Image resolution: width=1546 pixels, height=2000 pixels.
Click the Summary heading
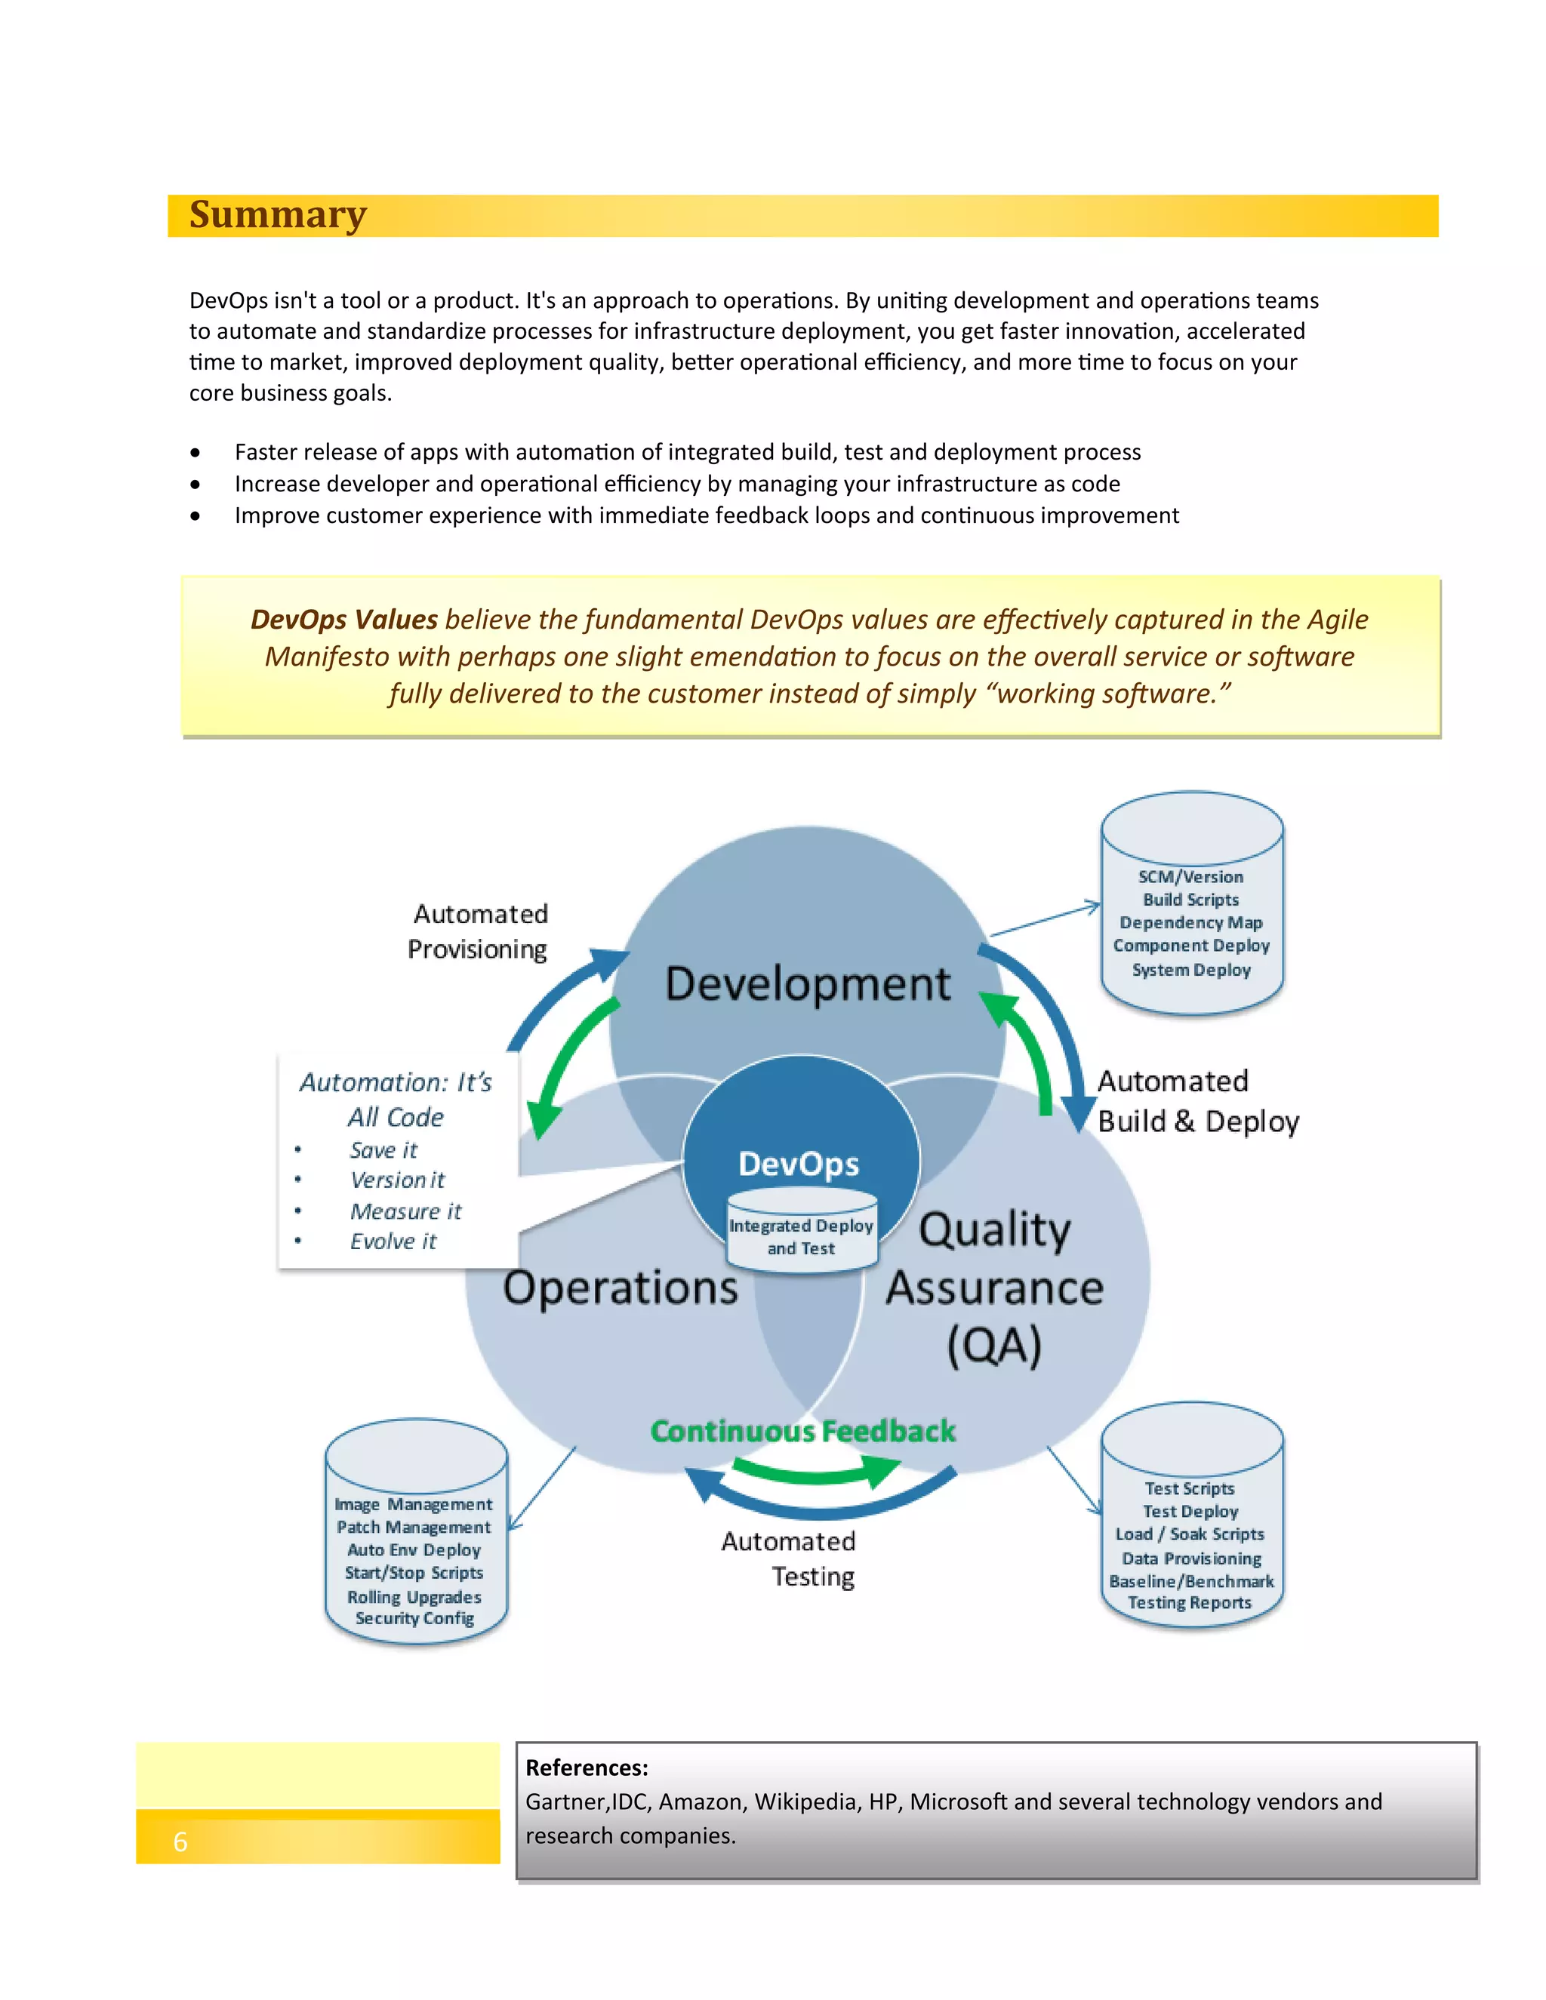[278, 215]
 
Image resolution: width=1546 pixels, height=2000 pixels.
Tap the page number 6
[180, 1842]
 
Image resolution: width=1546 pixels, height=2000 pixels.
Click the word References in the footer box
[586, 1768]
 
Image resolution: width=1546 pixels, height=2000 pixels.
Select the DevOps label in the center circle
[799, 1164]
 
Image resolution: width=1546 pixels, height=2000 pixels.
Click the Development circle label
[807, 984]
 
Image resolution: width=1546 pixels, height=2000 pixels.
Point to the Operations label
[620, 1288]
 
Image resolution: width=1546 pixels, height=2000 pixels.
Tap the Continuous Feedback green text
[802, 1431]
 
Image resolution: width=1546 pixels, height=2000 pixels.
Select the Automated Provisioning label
[478, 931]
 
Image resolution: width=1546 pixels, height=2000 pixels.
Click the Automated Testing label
[790, 1558]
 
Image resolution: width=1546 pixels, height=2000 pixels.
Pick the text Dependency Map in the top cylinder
[1190, 923]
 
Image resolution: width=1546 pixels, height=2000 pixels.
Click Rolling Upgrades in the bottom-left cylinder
[414, 1597]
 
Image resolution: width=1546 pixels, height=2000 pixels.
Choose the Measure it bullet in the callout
[405, 1211]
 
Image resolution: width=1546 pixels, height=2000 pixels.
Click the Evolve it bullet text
[393, 1242]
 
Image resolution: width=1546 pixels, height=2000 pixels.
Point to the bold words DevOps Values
[343, 620]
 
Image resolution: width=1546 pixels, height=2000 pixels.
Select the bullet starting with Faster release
[687, 452]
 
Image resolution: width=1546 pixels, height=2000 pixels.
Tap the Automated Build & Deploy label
[1197, 1102]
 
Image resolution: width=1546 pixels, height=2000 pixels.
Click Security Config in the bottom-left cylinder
[414, 1618]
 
